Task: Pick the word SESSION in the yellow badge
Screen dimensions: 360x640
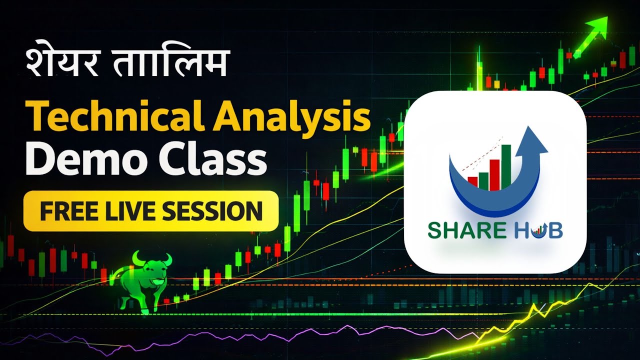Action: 212,211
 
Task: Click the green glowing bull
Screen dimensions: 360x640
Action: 142,282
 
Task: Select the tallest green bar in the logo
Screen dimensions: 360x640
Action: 505,167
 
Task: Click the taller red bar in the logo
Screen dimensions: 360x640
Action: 494,175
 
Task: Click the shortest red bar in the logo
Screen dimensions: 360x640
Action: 472,183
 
